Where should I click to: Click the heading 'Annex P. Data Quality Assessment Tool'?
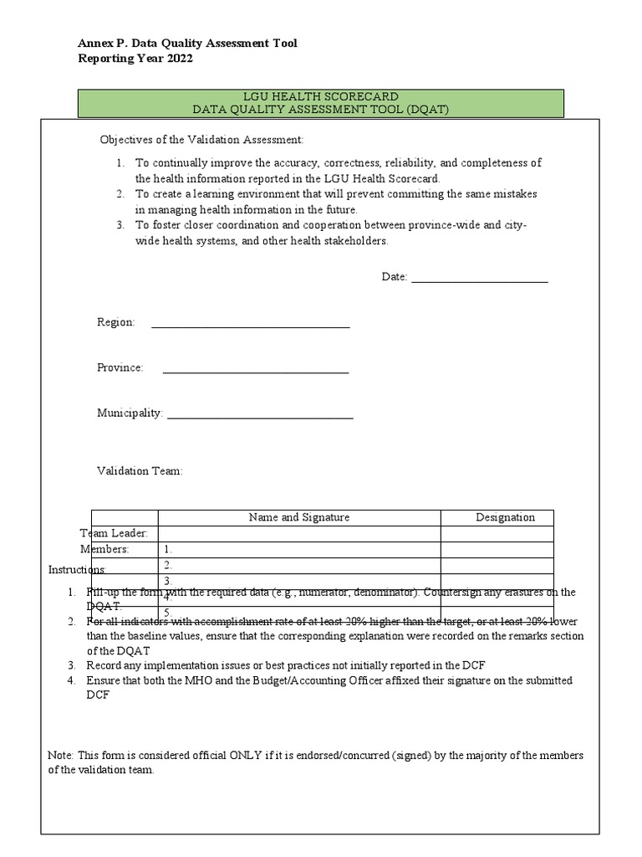point(187,43)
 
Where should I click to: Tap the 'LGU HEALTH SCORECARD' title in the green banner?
point(320,97)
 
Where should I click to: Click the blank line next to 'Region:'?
point(249,323)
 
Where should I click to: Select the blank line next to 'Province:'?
point(255,368)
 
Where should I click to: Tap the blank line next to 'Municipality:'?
point(260,413)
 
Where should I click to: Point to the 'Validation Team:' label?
point(140,471)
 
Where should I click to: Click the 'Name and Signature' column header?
point(299,517)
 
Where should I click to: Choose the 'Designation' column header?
point(505,517)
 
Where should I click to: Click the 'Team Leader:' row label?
point(115,533)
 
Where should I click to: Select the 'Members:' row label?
point(104,549)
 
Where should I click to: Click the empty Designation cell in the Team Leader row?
point(497,534)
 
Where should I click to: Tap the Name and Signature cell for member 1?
point(299,550)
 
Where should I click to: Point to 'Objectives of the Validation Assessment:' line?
point(202,139)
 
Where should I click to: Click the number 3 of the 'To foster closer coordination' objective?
point(120,224)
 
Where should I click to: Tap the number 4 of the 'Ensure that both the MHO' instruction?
point(72,680)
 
